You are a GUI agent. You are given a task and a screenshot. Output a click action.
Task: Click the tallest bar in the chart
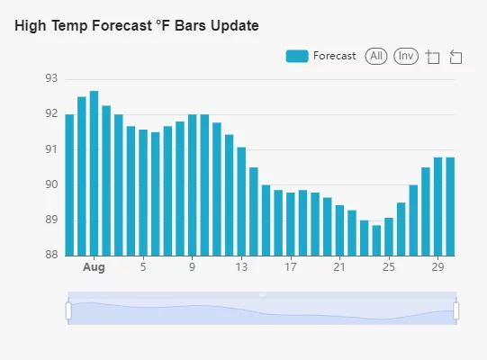pyautogui.click(x=95, y=174)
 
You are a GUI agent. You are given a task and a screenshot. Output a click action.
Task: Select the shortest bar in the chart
pyautogui.click(x=376, y=240)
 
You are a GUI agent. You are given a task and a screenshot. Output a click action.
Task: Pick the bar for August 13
pyautogui.click(x=241, y=202)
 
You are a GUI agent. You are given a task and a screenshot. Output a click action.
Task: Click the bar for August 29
pyautogui.click(x=437, y=207)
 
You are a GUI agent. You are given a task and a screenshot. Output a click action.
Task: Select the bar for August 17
pyautogui.click(x=291, y=224)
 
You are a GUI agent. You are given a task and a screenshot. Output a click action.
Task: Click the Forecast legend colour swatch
pyautogui.click(x=297, y=56)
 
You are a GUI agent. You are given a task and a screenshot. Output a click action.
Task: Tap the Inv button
pyautogui.click(x=406, y=56)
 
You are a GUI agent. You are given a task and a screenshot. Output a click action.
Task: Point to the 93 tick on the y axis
pyautogui.click(x=51, y=78)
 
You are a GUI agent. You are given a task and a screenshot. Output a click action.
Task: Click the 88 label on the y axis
pyautogui.click(x=51, y=255)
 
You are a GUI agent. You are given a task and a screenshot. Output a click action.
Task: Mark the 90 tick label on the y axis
pyautogui.click(x=51, y=184)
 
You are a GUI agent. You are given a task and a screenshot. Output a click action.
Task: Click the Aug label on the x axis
pyautogui.click(x=94, y=267)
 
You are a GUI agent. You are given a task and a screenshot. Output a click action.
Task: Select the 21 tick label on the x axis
pyautogui.click(x=339, y=267)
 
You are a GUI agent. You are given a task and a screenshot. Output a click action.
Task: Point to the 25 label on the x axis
pyautogui.click(x=389, y=267)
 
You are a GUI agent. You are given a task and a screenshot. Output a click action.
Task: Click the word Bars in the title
pyautogui.click(x=191, y=25)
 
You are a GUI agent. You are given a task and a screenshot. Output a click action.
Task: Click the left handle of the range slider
pyautogui.click(x=68, y=310)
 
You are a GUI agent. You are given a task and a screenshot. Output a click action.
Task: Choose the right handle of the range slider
pyautogui.click(x=456, y=310)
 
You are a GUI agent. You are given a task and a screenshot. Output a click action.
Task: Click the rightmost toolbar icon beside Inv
pyautogui.click(x=455, y=58)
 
